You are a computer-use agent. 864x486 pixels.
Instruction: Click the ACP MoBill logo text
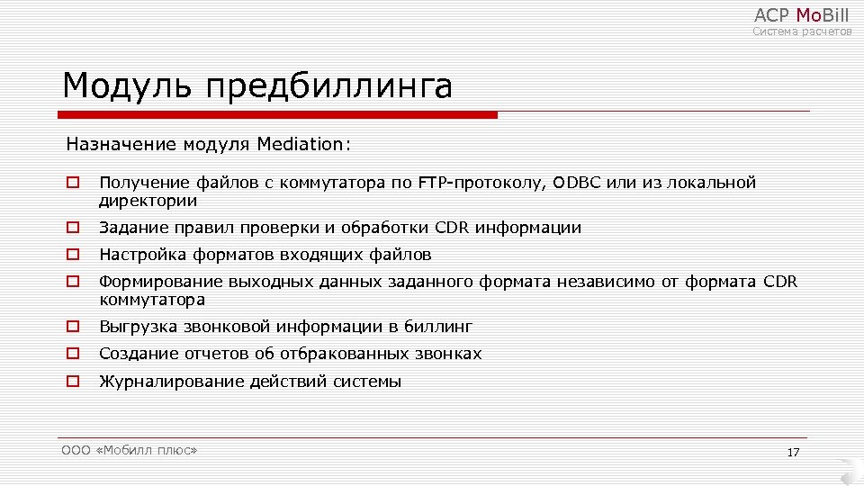801,14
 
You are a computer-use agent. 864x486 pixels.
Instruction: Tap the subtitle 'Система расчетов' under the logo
802,31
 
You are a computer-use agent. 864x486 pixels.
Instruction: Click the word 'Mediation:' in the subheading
304,144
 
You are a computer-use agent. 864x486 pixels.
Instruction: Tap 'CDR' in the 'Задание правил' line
452,228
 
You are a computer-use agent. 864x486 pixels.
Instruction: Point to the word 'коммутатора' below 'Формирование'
152,300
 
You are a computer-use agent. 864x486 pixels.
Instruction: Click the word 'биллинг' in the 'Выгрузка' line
438,327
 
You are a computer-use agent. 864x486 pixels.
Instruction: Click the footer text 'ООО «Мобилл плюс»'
129,450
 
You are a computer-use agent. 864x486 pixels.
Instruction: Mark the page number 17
793,452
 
